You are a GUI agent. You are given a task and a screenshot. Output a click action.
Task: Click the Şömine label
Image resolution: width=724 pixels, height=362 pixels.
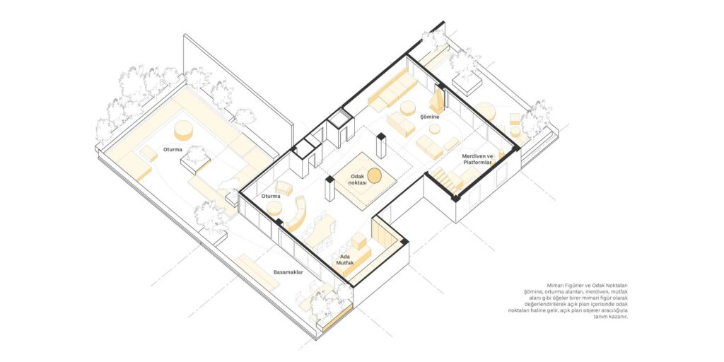pyautogui.click(x=429, y=117)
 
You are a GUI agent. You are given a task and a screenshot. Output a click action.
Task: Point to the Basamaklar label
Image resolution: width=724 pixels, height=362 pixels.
pyautogui.click(x=288, y=272)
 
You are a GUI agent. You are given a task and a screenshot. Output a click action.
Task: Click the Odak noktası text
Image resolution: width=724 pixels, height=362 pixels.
pyautogui.click(x=358, y=180)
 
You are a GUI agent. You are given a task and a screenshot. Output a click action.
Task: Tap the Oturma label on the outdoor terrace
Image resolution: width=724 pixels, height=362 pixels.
pyautogui.click(x=173, y=150)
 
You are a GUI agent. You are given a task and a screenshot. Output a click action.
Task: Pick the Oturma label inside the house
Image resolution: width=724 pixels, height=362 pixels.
pyautogui.click(x=271, y=197)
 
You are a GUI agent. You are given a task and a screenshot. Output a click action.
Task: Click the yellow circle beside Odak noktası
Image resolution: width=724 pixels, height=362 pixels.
pyautogui.click(x=375, y=175)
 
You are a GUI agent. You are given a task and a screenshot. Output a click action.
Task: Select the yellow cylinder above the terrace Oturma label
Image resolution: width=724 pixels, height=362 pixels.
pyautogui.click(x=183, y=130)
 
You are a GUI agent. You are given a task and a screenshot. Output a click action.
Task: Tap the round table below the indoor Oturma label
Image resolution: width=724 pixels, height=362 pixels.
pyautogui.click(x=274, y=209)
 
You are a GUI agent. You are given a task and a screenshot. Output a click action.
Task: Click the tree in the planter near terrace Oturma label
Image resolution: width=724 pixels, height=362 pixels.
pyautogui.click(x=197, y=155)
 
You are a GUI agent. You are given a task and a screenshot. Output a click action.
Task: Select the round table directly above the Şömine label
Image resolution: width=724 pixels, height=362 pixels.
pyautogui.click(x=408, y=108)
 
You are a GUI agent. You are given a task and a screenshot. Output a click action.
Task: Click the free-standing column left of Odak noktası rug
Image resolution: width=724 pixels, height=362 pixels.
pyautogui.click(x=329, y=188)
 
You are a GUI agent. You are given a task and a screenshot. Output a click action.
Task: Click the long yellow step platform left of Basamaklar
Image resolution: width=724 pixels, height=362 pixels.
pyautogui.click(x=257, y=273)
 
